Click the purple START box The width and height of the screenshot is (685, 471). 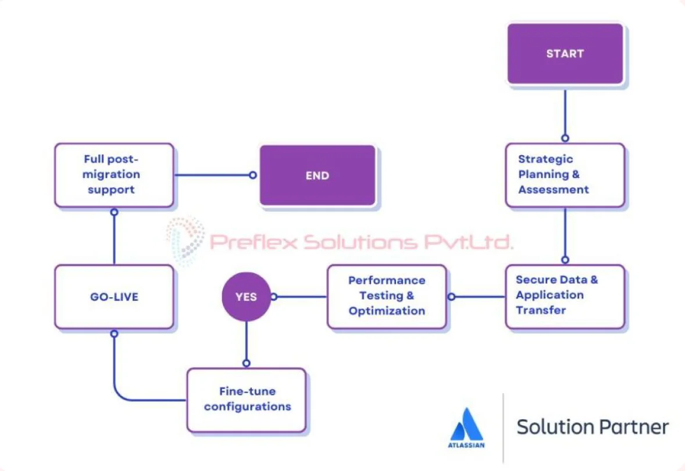click(565, 53)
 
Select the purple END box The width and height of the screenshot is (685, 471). click(317, 175)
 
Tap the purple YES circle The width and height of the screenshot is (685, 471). click(246, 297)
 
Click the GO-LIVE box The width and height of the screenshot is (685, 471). click(114, 297)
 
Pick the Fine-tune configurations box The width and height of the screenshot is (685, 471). click(247, 399)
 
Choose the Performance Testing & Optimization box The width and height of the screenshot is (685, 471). click(387, 296)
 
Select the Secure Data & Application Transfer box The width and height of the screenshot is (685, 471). click(565, 295)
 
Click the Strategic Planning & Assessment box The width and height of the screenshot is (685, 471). click(565, 174)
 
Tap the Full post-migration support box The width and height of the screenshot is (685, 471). click(114, 174)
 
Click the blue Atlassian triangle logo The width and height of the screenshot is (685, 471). click(467, 424)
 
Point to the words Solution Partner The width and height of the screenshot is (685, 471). click(593, 426)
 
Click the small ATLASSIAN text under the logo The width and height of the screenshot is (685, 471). click(466, 445)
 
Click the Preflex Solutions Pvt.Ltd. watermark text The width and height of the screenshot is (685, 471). click(361, 241)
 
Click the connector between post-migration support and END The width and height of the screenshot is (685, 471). click(212, 174)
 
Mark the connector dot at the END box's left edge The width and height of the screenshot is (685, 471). click(252, 174)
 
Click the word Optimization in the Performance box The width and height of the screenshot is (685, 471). click(387, 311)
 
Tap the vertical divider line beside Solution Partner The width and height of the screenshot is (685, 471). click(503, 427)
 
